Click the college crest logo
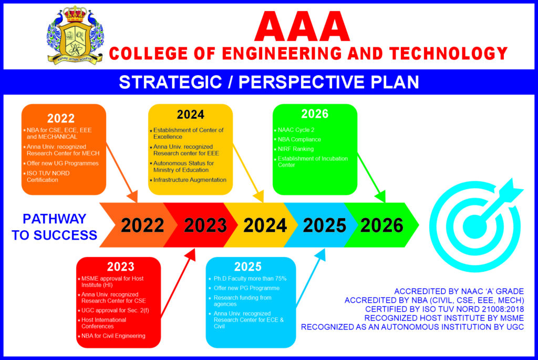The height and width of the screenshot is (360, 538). (x=75, y=36)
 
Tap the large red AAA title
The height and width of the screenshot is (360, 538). (x=302, y=27)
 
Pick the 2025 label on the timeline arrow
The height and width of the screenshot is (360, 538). (x=325, y=225)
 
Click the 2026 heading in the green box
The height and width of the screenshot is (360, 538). (x=315, y=114)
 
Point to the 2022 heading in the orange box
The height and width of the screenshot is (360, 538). (x=61, y=118)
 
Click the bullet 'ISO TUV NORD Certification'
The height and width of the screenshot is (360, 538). (x=48, y=177)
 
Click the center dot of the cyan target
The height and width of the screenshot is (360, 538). (x=475, y=227)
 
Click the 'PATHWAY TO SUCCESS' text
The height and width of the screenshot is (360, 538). (x=54, y=227)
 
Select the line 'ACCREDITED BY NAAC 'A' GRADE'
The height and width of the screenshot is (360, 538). (x=459, y=291)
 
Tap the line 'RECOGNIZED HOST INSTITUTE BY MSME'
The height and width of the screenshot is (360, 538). (x=444, y=318)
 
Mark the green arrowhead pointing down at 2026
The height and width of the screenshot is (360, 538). (x=380, y=197)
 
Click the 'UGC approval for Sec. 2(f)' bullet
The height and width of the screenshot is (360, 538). (x=113, y=311)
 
